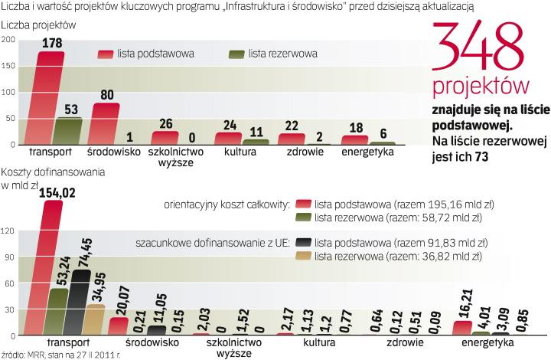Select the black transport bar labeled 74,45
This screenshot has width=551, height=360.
pyautogui.click(x=79, y=303)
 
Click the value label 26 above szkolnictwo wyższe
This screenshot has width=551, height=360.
pyautogui.click(x=165, y=123)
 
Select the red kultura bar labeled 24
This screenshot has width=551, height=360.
pyautogui.click(x=228, y=138)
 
